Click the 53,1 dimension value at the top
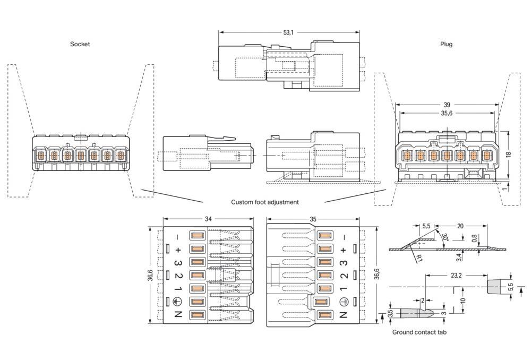click(x=288, y=32)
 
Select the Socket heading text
click(x=80, y=44)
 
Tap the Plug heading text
click(x=446, y=44)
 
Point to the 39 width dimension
click(x=447, y=105)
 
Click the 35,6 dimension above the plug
click(x=447, y=114)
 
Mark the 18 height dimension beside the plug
click(x=508, y=154)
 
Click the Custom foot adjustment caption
click(x=265, y=202)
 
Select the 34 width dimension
click(x=208, y=219)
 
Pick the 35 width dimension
click(x=313, y=219)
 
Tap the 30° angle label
click(x=444, y=238)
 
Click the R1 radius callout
click(x=419, y=259)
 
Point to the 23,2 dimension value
click(x=456, y=276)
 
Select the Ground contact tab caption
click(x=419, y=332)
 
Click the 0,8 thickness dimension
click(x=474, y=238)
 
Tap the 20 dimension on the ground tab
click(x=460, y=226)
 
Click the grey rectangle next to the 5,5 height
click(x=494, y=287)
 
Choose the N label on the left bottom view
click(x=178, y=314)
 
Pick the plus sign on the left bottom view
click(x=178, y=250)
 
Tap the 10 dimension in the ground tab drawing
click(x=463, y=300)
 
